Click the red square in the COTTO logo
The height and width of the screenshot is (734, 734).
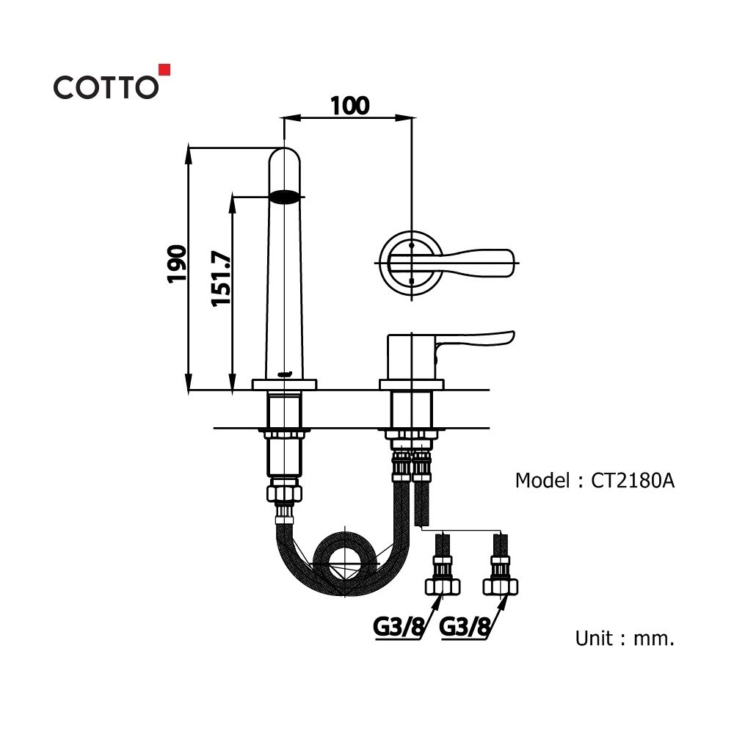164,69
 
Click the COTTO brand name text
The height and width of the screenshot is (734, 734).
106,87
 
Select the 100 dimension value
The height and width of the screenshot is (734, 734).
349,106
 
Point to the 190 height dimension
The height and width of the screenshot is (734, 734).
176,264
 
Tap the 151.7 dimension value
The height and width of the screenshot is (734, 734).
222,279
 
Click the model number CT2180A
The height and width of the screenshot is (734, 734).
633,481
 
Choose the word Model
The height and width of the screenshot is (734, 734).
542,481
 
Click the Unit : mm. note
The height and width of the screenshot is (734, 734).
625,638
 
